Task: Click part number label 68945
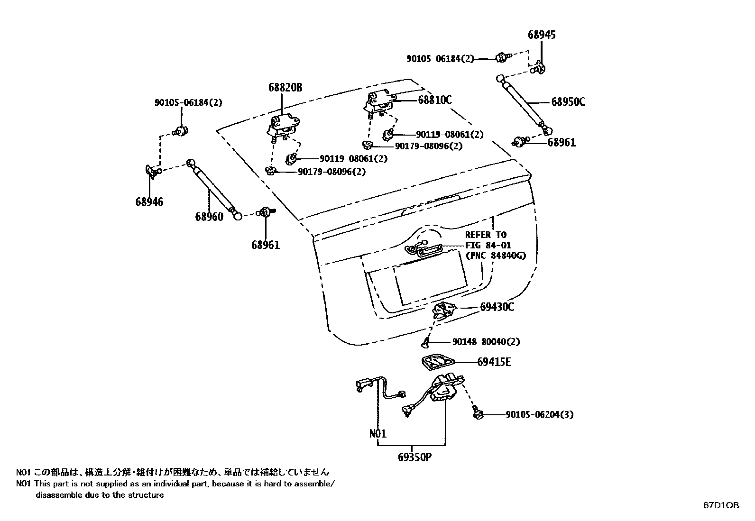tap(542, 35)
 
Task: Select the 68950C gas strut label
tap(568, 102)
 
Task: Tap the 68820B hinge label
tap(285, 88)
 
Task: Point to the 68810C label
tap(434, 100)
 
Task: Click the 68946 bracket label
tap(149, 202)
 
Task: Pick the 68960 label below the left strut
tap(209, 217)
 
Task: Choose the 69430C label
tap(497, 307)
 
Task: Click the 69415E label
tap(494, 362)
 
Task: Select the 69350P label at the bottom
tap(415, 457)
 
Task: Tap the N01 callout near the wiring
tap(377, 433)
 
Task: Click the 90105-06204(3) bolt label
tap(539, 415)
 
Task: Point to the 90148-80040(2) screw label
tap(486, 342)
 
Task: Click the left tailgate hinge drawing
tap(283, 127)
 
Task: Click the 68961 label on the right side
tap(561, 142)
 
